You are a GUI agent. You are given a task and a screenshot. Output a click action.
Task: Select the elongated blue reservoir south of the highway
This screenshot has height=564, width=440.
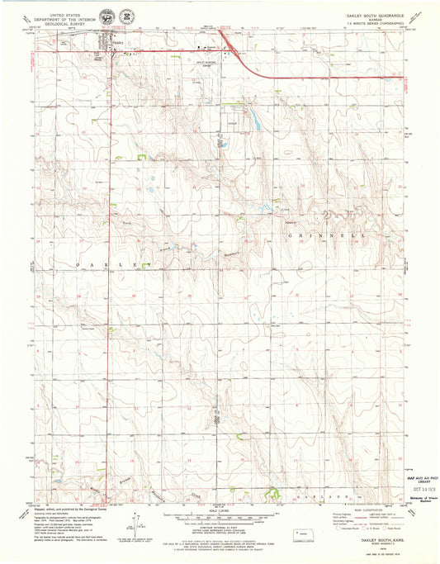[257, 125]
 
